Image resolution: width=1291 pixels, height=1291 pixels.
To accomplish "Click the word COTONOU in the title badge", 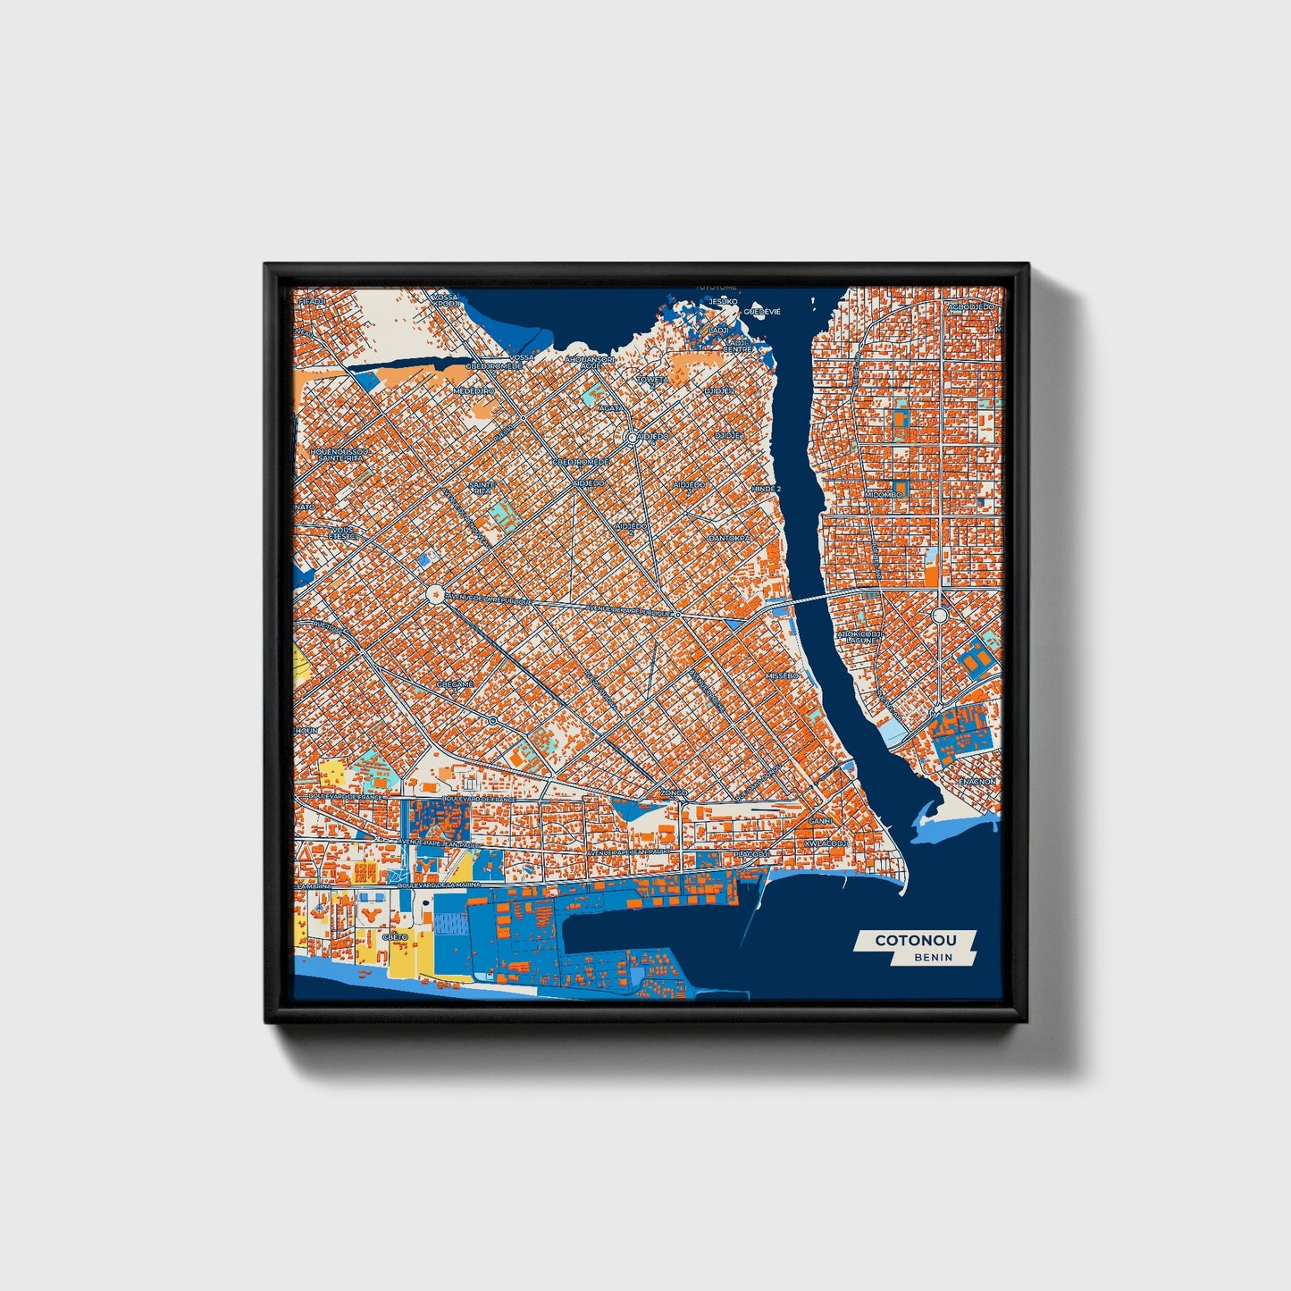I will click(915, 940).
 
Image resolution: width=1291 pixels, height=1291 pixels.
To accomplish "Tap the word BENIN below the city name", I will click(933, 957).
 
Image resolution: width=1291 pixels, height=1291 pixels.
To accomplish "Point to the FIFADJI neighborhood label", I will click(313, 302).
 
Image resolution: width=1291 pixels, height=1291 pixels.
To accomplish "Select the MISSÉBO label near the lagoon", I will click(782, 676).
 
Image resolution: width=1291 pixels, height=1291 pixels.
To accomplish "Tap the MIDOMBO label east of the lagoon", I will click(883, 494).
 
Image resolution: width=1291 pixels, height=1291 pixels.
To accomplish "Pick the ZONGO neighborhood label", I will click(674, 792).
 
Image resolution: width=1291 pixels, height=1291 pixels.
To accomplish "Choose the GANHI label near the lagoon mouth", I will click(819, 820).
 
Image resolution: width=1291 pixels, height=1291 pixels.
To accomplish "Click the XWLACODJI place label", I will click(826, 843).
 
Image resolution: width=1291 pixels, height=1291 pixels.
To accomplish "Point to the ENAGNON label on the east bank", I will click(977, 781).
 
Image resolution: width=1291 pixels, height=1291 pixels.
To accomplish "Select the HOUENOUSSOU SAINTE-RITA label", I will click(339, 455).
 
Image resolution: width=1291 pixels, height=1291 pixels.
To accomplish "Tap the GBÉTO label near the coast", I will click(395, 936).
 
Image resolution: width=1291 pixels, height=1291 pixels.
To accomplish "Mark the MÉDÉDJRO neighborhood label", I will click(474, 390).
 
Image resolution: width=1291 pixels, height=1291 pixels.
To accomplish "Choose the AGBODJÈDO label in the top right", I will click(970, 306).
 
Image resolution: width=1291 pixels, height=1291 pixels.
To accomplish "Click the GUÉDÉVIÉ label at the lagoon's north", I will click(762, 311).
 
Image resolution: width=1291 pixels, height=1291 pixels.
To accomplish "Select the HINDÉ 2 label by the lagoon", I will click(766, 490).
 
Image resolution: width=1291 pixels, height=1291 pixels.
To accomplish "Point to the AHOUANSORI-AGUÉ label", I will click(591, 362).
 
